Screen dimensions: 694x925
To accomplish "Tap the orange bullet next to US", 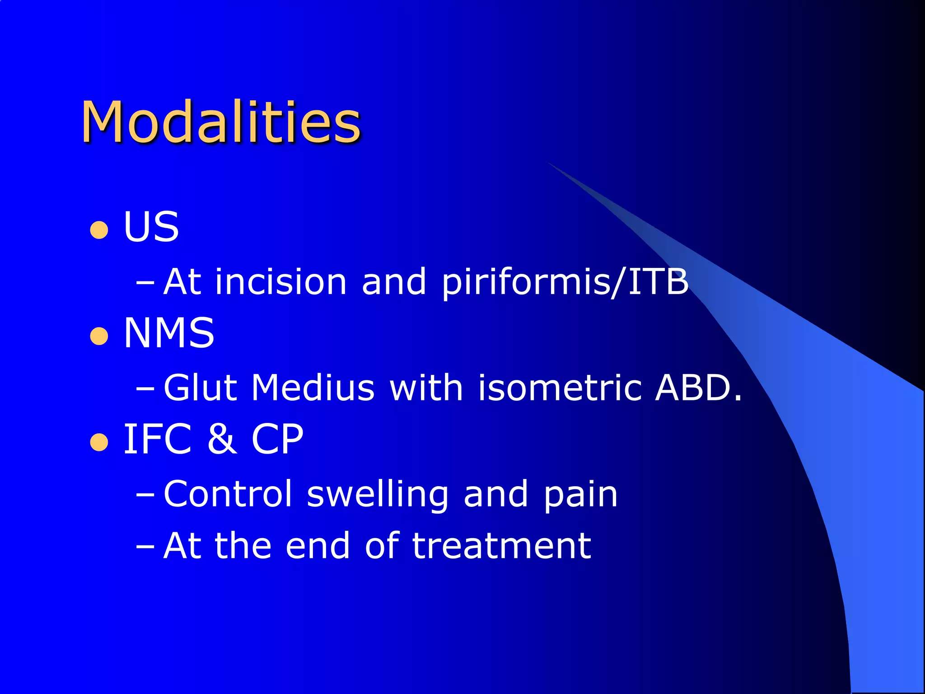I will coord(99,230).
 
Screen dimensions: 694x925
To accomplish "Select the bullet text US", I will coord(151,227).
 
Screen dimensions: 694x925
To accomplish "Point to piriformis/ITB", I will coord(565,282).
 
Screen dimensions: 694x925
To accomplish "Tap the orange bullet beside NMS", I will coord(99,336).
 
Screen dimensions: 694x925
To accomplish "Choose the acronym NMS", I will coord(169,333).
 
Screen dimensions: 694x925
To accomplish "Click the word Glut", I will coord(200,388).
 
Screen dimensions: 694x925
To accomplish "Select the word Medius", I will coord(313,388).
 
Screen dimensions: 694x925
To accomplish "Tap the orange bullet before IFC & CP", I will coord(99,442).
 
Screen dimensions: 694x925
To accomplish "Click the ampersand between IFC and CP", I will coord(222,439).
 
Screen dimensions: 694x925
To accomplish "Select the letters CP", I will coord(277,439).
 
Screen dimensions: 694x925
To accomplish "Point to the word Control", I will coord(228,494).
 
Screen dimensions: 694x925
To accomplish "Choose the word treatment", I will coord(501,546).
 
